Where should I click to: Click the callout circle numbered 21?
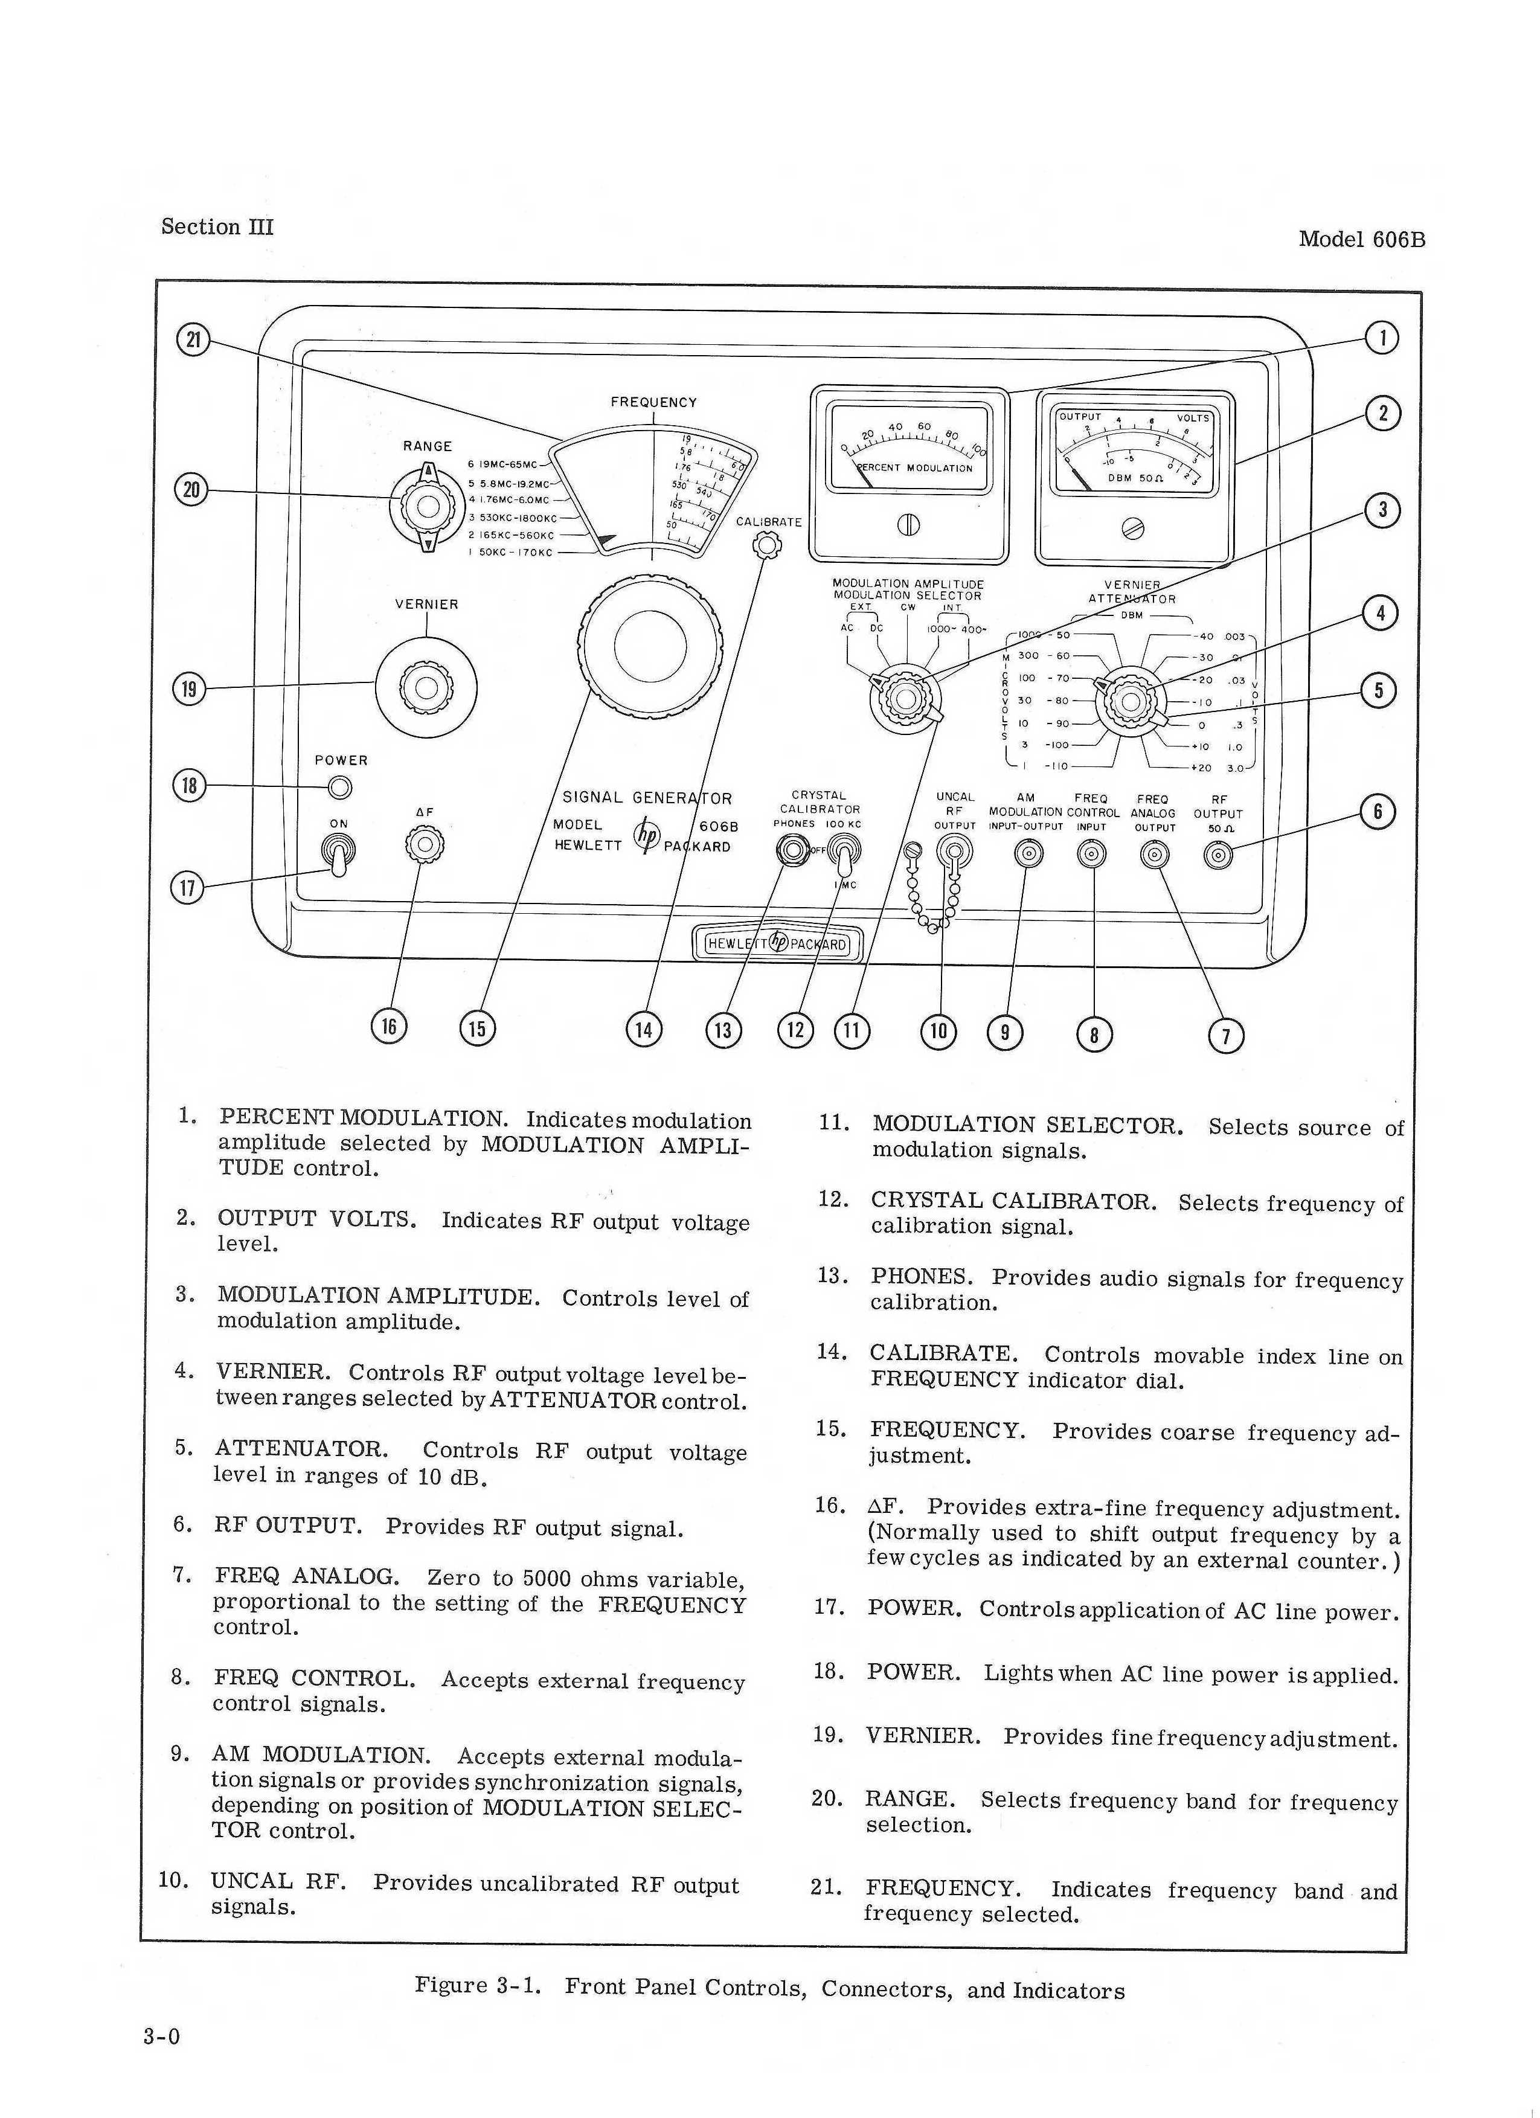pyautogui.click(x=193, y=339)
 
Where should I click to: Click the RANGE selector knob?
pyautogui.click(x=428, y=506)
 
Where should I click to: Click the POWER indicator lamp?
pyautogui.click(x=341, y=788)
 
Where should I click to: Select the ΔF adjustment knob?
pyautogui.click(x=425, y=844)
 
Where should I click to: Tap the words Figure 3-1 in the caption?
pyautogui.click(x=478, y=1985)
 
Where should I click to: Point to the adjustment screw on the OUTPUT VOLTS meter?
pyautogui.click(x=1133, y=528)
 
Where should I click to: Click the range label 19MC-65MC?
pyautogui.click(x=509, y=464)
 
